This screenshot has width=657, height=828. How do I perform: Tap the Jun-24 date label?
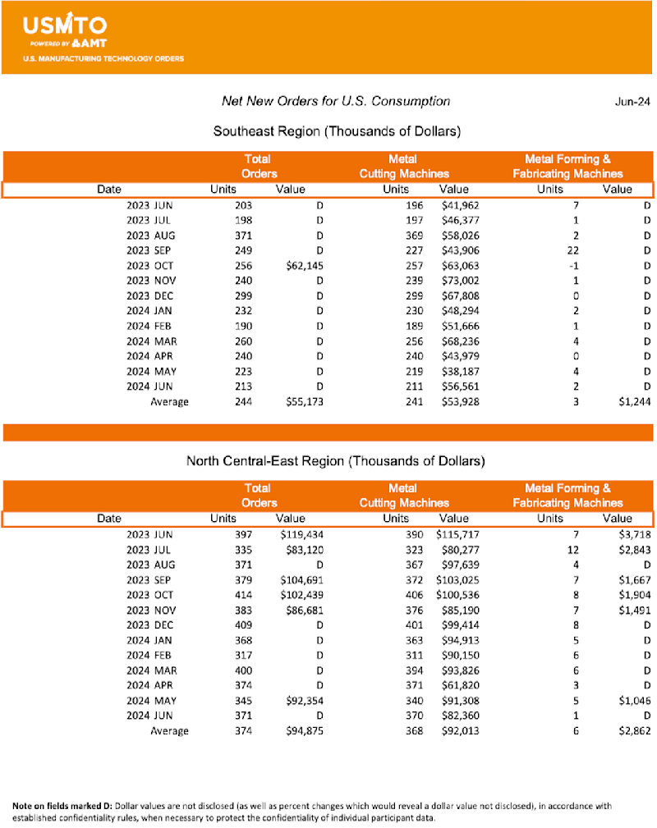click(632, 102)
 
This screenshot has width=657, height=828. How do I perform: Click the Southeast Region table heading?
click(336, 130)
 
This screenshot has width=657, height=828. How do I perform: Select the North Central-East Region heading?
click(336, 460)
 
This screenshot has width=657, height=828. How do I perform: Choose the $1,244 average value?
click(633, 402)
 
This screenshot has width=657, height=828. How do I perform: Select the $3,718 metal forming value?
click(633, 534)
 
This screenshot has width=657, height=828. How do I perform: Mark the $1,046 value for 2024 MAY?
click(633, 700)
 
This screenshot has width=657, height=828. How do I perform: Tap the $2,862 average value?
click(633, 731)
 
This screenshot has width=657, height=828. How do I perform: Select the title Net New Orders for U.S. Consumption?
click(336, 102)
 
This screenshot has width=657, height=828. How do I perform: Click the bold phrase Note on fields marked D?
click(66, 807)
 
